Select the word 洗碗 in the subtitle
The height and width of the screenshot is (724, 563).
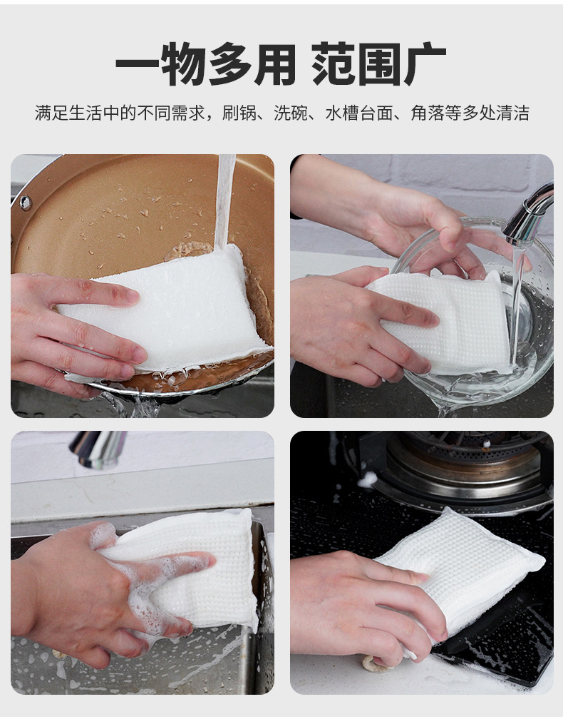(289, 113)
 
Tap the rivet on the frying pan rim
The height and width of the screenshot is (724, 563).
(26, 203)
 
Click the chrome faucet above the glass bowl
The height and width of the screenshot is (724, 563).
(531, 214)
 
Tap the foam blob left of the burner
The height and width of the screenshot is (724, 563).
(367, 479)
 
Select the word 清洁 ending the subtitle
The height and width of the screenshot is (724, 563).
(514, 113)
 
